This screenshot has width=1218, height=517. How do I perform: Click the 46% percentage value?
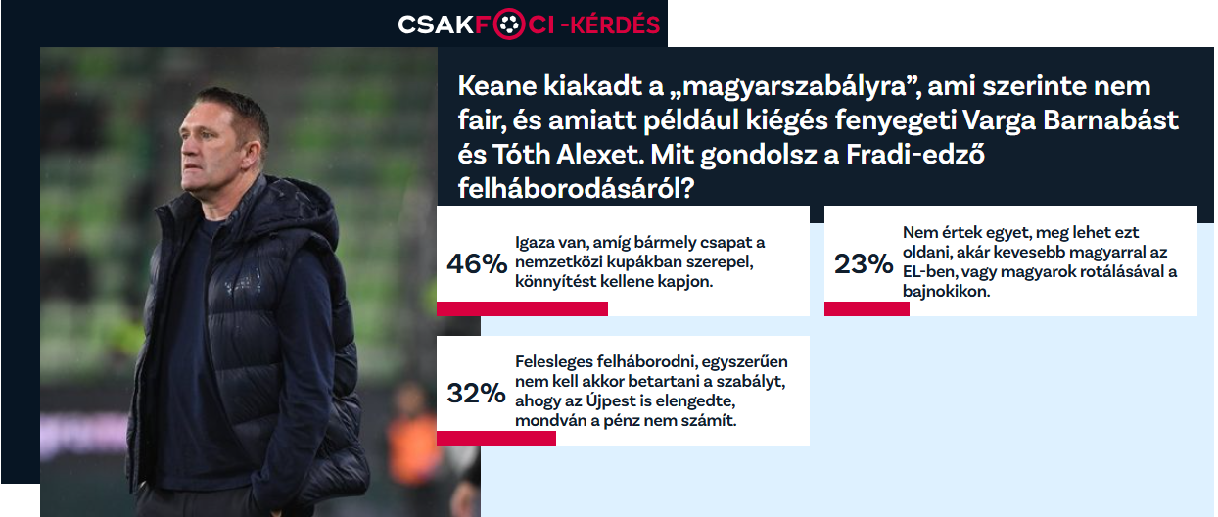(x=477, y=264)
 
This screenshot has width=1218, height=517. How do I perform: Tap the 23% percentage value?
(x=864, y=264)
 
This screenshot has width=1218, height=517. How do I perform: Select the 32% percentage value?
(x=476, y=393)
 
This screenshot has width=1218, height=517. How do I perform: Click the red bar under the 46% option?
(x=522, y=308)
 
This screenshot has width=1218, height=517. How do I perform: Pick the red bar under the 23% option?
(x=867, y=308)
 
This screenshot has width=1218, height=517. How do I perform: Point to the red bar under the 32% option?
(x=495, y=438)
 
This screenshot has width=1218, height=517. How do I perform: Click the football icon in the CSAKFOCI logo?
(x=508, y=23)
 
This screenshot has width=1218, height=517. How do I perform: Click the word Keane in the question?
(x=497, y=86)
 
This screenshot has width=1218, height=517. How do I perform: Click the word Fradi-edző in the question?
(x=915, y=155)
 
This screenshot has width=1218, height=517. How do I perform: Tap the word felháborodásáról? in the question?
(x=576, y=189)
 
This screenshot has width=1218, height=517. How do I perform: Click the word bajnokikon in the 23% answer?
(x=946, y=292)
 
